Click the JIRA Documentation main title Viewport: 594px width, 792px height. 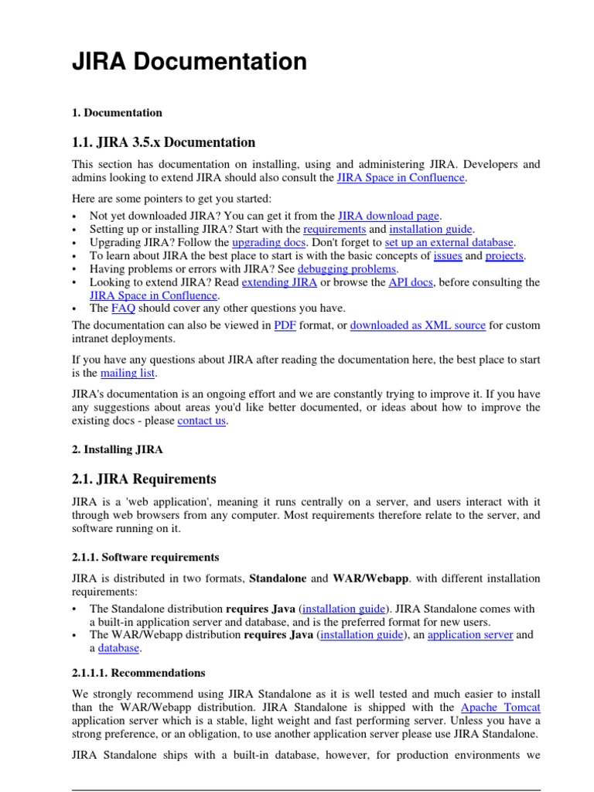click(x=189, y=62)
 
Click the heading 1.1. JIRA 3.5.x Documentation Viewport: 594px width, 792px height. click(x=163, y=142)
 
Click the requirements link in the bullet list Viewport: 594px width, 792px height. click(x=335, y=230)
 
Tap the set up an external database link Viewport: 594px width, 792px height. click(x=449, y=243)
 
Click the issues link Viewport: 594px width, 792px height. click(x=447, y=256)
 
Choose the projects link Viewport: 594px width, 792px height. click(x=504, y=256)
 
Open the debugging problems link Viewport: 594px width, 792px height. click(x=347, y=269)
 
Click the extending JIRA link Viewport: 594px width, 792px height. click(x=279, y=282)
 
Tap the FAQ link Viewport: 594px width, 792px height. click(x=123, y=309)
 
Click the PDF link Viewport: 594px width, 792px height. click(x=285, y=326)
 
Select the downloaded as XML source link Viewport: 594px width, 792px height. click(x=418, y=326)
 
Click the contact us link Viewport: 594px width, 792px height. click(x=202, y=422)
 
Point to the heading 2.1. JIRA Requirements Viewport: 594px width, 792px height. click(x=145, y=480)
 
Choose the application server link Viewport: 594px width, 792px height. click(x=469, y=635)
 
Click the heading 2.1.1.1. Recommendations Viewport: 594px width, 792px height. click(x=138, y=673)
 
